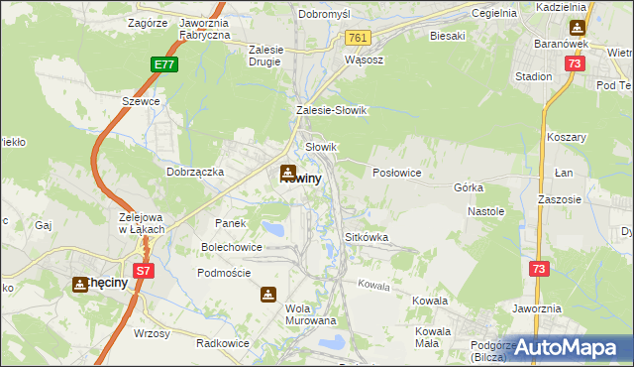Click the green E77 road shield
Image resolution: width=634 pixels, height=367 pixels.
click(165, 64)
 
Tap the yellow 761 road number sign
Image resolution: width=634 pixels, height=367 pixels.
click(359, 38)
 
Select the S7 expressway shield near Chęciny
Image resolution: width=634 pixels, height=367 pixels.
click(145, 270)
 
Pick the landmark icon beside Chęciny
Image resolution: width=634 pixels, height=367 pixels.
click(79, 285)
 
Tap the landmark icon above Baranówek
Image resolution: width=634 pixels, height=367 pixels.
click(577, 28)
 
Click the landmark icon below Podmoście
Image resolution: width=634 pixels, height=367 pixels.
click(268, 295)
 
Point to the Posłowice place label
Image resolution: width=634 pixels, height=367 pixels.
click(397, 173)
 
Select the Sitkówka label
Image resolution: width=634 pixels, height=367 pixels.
click(366, 238)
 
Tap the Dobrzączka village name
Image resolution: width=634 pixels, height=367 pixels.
click(195, 172)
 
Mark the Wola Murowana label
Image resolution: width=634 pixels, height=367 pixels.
click(311, 314)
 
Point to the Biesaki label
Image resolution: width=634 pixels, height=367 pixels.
click(448, 36)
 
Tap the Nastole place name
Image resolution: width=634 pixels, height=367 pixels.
click(486, 211)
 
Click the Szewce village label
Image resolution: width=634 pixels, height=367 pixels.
click(140, 102)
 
